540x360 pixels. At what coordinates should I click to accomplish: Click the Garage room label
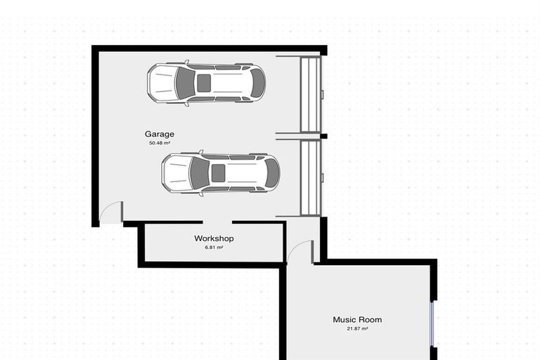click(x=160, y=134)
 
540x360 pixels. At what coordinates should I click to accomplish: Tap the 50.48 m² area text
click(x=160, y=143)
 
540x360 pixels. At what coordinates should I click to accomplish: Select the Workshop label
click(x=214, y=238)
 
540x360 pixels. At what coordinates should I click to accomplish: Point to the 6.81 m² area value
click(x=214, y=247)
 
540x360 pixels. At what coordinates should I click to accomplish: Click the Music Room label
click(x=357, y=320)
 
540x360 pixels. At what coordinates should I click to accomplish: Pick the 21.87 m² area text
click(x=357, y=328)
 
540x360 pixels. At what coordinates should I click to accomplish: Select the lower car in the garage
click(x=220, y=173)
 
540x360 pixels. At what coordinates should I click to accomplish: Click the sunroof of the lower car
click(x=219, y=173)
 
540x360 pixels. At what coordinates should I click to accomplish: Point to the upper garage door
click(x=311, y=94)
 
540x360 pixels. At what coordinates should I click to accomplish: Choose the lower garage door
click(x=311, y=178)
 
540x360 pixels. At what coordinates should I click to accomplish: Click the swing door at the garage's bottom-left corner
click(x=110, y=212)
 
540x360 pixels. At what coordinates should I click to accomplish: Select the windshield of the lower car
click(x=200, y=173)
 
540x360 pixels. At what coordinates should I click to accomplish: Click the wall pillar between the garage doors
click(x=323, y=136)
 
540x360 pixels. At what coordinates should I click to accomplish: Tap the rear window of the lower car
click(x=271, y=173)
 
